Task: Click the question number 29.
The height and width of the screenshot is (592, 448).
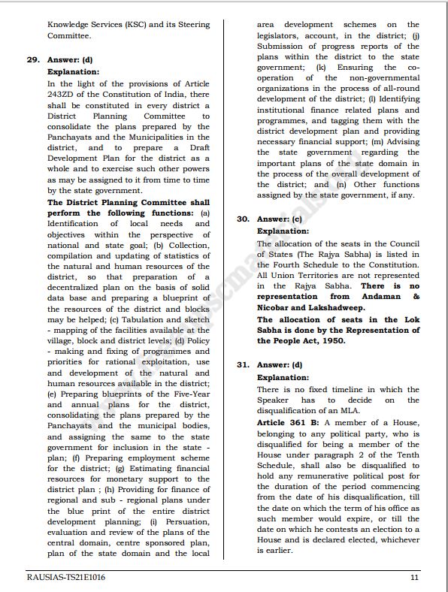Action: coord(33,60)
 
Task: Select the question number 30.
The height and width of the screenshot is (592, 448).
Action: coord(243,219)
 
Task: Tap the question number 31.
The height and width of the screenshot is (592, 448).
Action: coord(243,365)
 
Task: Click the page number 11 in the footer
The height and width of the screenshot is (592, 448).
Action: coord(415,577)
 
